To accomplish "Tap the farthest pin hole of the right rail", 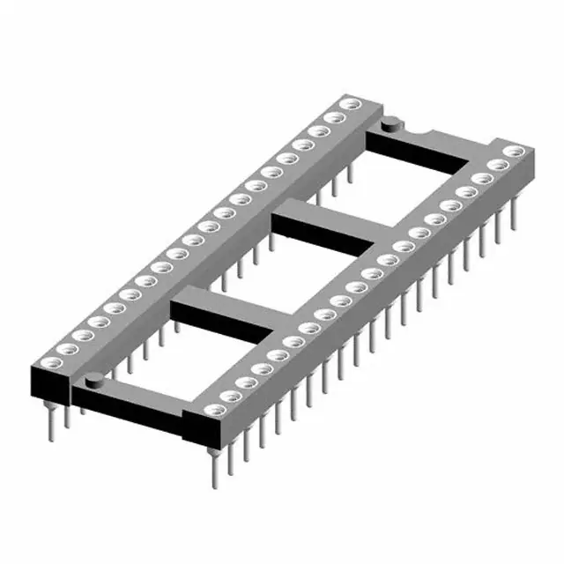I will coord(508,154).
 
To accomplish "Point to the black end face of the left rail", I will coord(48,383).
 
